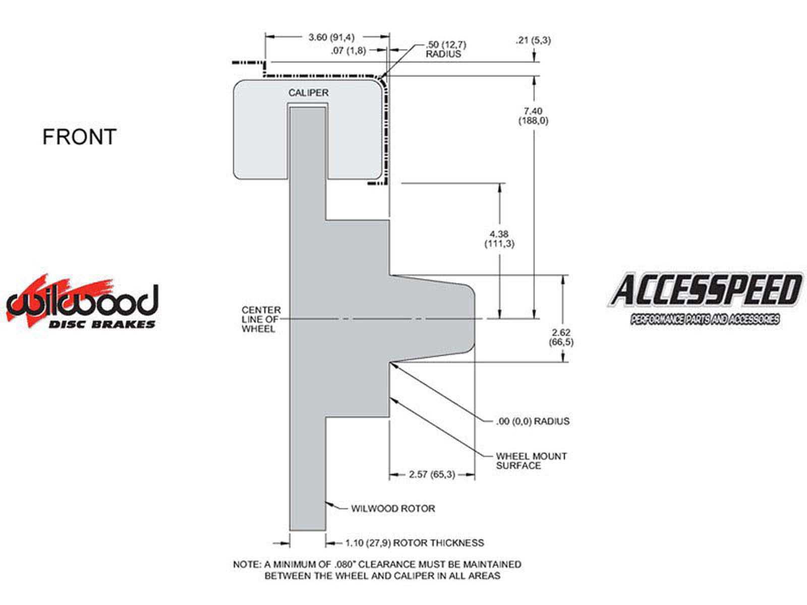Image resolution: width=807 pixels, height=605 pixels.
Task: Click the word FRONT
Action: click(x=79, y=137)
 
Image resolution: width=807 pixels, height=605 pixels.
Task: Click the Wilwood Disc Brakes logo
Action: click(x=82, y=302)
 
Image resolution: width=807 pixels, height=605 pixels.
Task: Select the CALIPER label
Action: click(x=308, y=93)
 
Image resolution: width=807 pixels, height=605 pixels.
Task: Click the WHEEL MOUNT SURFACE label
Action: click(x=531, y=461)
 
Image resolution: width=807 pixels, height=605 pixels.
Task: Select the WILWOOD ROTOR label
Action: click(x=393, y=509)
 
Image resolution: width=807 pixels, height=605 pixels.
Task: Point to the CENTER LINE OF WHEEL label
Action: click(x=261, y=319)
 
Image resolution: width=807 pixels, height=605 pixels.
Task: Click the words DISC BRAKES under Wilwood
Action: click(x=101, y=324)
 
